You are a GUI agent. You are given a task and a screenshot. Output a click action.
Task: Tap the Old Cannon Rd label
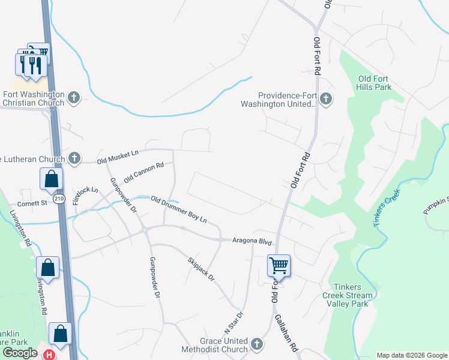pyautogui.click(x=144, y=173)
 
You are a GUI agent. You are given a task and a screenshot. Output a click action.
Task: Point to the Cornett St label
pyautogui.click(x=32, y=203)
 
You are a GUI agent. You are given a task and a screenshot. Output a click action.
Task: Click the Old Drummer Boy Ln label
pyautogui.click(x=178, y=209)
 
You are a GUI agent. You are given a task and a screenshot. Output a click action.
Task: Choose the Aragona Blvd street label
pyautogui.click(x=253, y=241)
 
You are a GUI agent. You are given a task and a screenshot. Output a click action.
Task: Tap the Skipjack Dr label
pyautogui.click(x=201, y=270)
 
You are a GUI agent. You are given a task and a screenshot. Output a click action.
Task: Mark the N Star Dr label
pyautogui.click(x=235, y=322)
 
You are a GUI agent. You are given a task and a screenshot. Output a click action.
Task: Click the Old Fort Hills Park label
pyautogui.click(x=375, y=83)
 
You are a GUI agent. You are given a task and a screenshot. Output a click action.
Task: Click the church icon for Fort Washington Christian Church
pyautogui.click(x=74, y=97)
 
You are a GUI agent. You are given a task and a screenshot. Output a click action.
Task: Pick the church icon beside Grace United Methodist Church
pyautogui.click(x=257, y=344)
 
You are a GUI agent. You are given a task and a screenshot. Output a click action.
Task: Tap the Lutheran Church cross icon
pyautogui.click(x=74, y=158)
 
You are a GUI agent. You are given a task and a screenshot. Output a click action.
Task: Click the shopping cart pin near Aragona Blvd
pyautogui.click(x=279, y=265)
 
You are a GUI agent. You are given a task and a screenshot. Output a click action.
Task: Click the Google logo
pyautogui.click(x=20, y=353)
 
